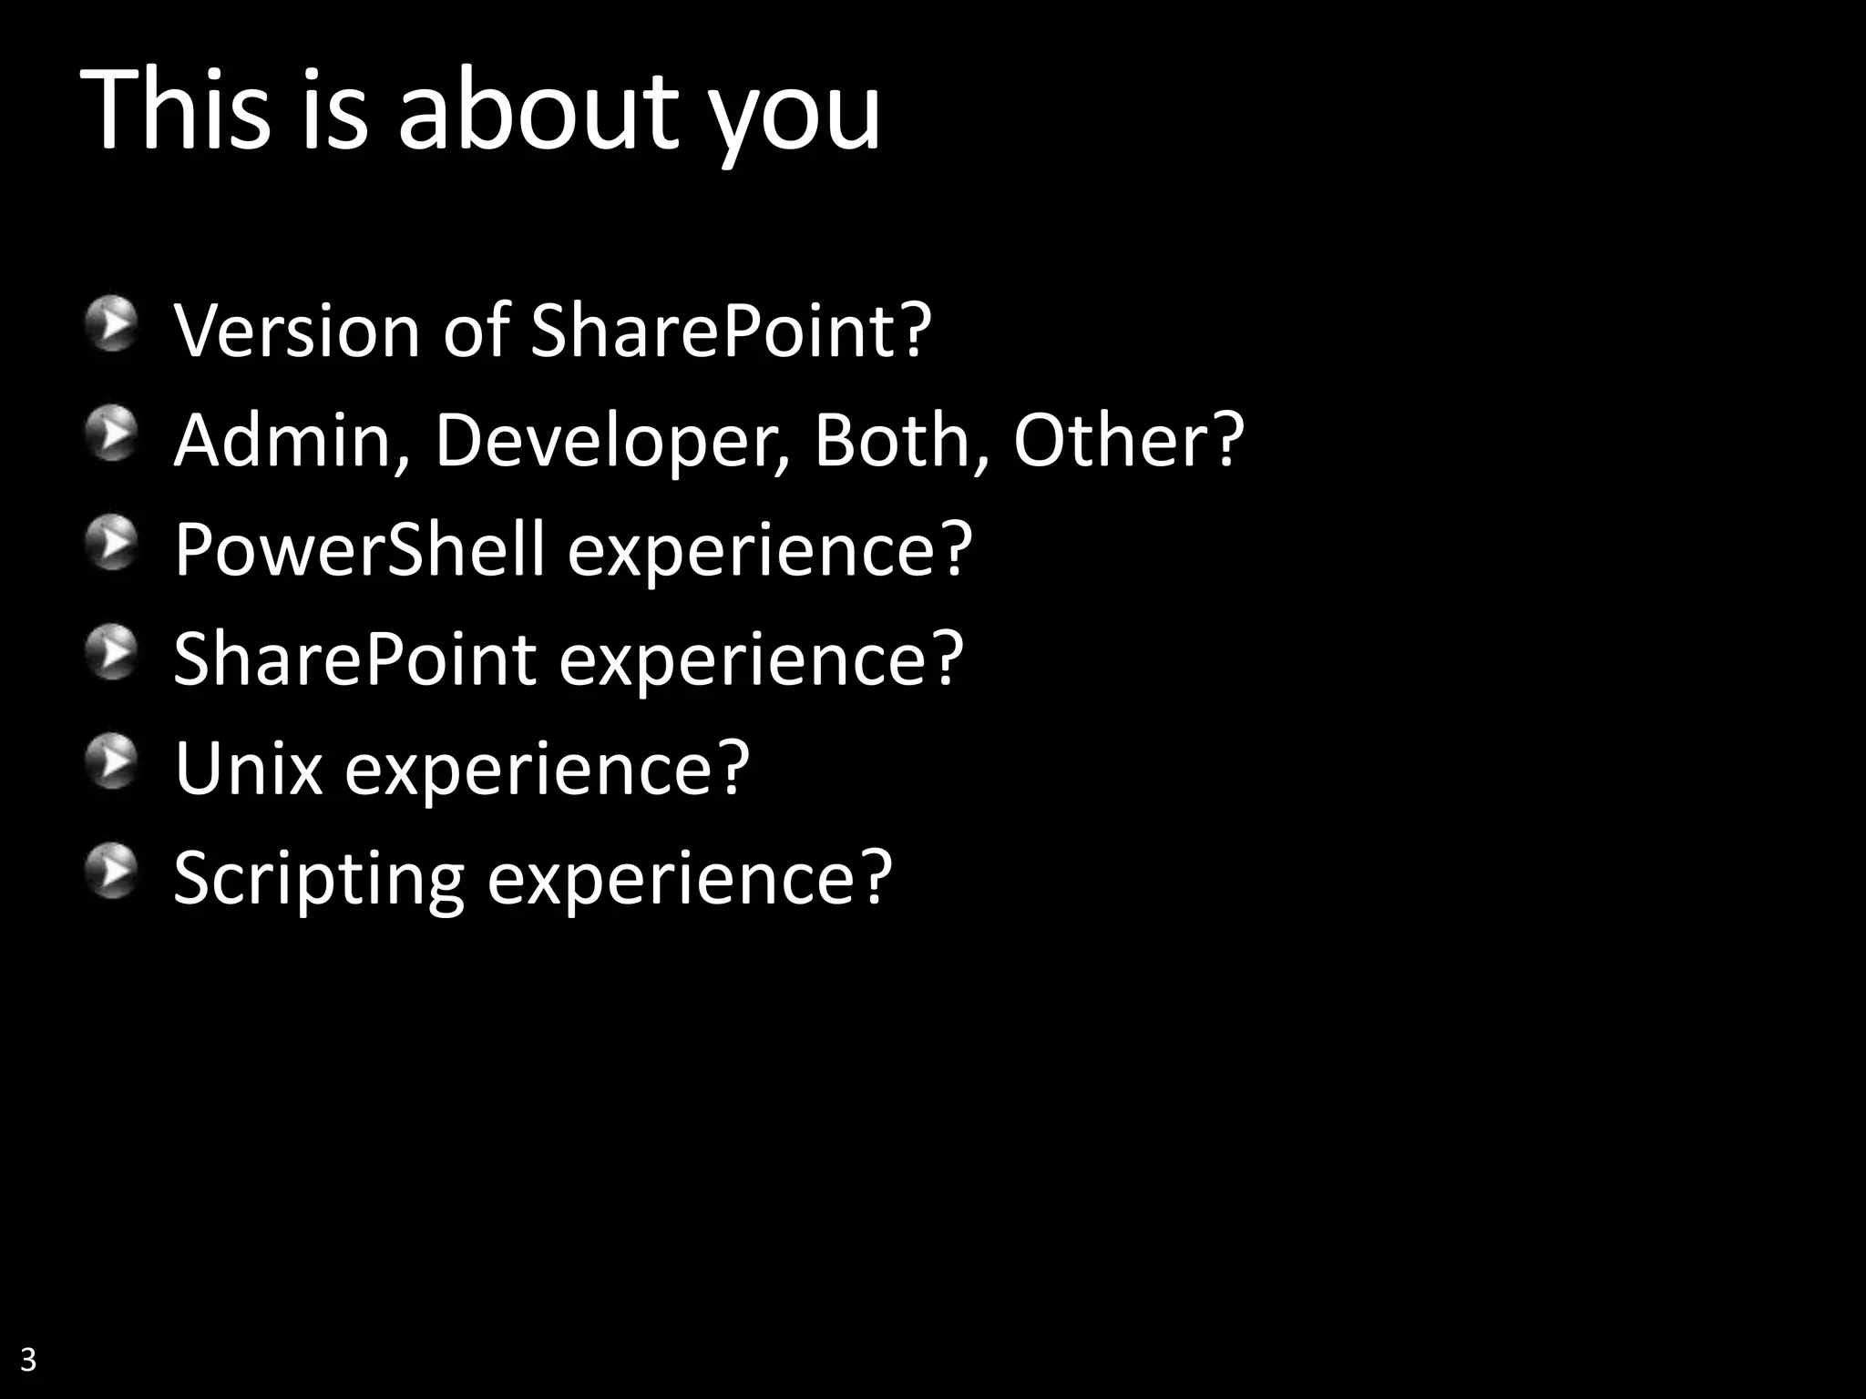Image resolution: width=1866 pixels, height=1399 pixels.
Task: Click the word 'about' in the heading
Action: click(x=538, y=111)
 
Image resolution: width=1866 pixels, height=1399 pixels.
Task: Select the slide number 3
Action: click(x=27, y=1359)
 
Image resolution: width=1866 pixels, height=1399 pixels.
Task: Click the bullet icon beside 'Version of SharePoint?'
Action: click(x=112, y=323)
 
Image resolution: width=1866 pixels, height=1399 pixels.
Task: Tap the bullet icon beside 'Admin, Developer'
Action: click(x=112, y=434)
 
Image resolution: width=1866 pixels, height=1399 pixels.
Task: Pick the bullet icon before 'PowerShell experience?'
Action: click(x=112, y=543)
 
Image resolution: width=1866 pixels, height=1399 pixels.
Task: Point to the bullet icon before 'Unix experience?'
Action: click(x=112, y=761)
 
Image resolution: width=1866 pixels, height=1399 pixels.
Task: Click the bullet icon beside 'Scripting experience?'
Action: click(x=112, y=871)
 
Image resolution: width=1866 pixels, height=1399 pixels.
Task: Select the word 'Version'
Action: click(x=297, y=330)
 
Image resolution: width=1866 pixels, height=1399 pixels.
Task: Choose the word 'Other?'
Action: click(x=1128, y=441)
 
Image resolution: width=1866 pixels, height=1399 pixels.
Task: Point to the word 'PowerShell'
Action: click(x=359, y=549)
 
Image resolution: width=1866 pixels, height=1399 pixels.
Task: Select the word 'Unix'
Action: click(x=248, y=769)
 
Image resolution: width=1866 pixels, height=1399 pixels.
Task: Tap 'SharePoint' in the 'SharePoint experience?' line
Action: click(x=354, y=659)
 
